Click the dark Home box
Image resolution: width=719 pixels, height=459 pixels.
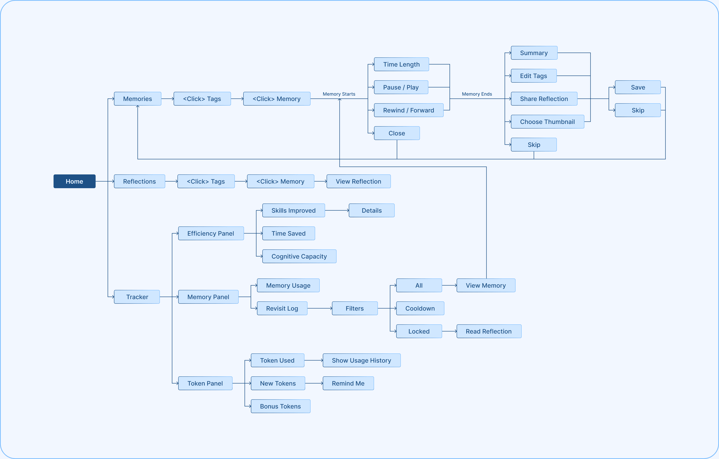[74, 181]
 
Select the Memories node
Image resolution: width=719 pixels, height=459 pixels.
[137, 99]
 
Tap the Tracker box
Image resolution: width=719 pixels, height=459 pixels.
[137, 297]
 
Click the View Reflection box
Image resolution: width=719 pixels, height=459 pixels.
[358, 181]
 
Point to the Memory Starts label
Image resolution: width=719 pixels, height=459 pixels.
[339, 94]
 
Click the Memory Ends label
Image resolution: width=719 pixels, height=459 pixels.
[477, 94]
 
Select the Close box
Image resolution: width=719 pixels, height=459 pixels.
[397, 133]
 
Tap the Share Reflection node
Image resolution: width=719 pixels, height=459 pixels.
[544, 99]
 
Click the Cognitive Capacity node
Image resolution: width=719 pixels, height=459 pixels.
[299, 256]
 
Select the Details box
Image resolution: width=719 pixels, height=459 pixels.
[371, 211]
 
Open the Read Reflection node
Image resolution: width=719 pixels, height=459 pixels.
[489, 331]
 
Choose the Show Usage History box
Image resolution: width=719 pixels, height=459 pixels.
[361, 361]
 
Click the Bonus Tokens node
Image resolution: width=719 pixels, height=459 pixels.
[280, 406]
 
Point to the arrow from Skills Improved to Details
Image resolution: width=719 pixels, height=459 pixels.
[337, 211]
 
